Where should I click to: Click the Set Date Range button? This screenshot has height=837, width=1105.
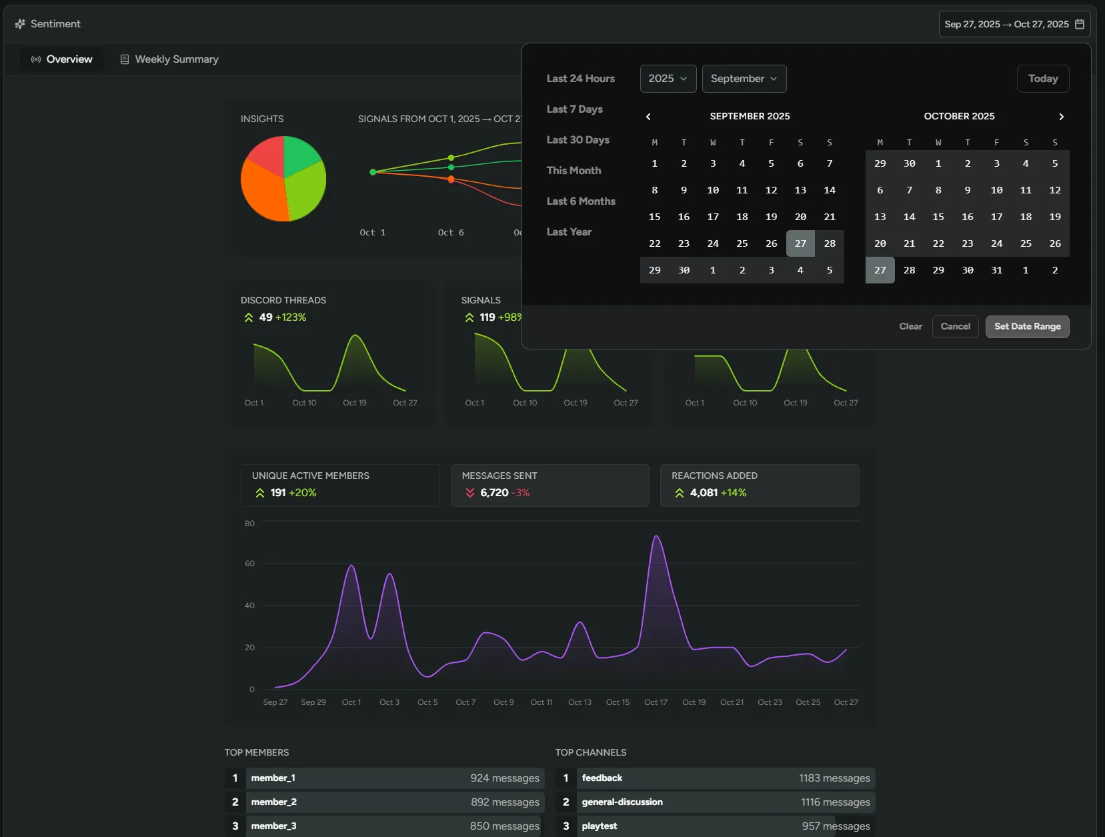point(1027,327)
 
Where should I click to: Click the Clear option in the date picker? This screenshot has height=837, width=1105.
point(910,327)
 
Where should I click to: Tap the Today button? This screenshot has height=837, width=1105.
point(1042,79)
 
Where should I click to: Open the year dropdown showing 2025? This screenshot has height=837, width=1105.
point(668,79)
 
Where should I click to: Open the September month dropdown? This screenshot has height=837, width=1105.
point(744,79)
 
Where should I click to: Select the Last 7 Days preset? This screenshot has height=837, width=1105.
point(574,109)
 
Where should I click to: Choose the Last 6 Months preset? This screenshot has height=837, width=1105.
point(580,201)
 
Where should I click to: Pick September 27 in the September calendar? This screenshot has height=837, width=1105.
point(800,243)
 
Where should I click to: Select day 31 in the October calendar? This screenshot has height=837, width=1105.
point(996,270)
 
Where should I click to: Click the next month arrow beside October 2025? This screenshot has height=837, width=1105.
point(1061,117)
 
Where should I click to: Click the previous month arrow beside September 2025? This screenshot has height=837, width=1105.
point(648,117)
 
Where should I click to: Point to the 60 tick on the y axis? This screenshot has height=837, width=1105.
point(249,564)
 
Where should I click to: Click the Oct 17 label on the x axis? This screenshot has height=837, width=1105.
point(656,702)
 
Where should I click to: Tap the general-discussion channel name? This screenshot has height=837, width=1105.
point(622,802)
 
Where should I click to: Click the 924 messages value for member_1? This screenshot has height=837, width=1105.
point(504,778)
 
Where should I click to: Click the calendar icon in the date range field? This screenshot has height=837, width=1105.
point(1079,24)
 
